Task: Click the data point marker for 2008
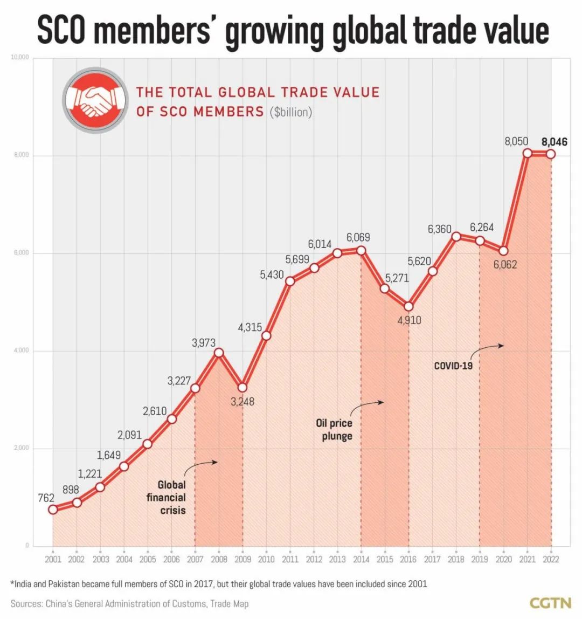coord(219,353)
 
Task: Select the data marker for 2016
coord(408,306)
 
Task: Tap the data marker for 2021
coord(527,153)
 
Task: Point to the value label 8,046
coord(555,142)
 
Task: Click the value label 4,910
coord(409,320)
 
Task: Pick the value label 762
coord(46,498)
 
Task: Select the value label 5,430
coord(272,275)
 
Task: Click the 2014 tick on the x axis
coord(361,559)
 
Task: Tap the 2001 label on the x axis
coord(53,559)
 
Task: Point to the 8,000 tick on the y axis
coord(21,155)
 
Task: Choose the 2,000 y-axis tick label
coord(21,449)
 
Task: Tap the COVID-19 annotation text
coord(453,366)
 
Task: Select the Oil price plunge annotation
coord(337,429)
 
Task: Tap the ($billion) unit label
coord(291,112)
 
